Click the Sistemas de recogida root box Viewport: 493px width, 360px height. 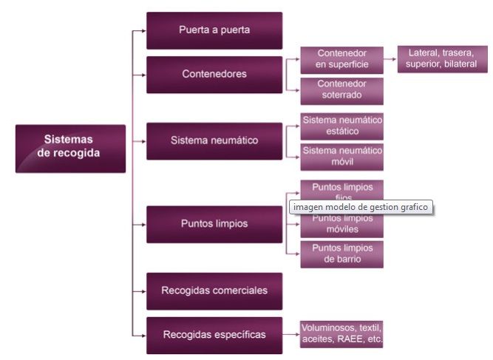[70, 148]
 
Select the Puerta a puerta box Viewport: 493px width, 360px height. [214, 30]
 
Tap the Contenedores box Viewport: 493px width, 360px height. [214, 74]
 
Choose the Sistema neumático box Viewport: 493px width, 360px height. [214, 140]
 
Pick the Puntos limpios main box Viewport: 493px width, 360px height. [214, 224]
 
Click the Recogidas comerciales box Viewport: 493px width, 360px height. [214, 291]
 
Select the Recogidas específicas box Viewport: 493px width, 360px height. [214, 335]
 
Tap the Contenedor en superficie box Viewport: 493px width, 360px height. [341, 59]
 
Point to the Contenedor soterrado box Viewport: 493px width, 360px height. [341, 90]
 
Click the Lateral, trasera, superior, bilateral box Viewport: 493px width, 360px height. [442, 59]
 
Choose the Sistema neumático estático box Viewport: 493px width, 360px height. [341, 126]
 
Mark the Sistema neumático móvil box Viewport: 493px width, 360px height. [341, 156]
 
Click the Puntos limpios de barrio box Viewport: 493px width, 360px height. [341, 254]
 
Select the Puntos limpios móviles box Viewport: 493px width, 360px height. [341, 224]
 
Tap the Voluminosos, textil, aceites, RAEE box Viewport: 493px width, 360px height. [341, 334]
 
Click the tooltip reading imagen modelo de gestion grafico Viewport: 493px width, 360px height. [360, 208]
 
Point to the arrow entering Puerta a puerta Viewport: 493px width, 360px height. [140, 31]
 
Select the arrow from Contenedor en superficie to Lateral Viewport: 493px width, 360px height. [391, 59]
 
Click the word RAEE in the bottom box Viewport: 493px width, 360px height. [345, 340]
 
